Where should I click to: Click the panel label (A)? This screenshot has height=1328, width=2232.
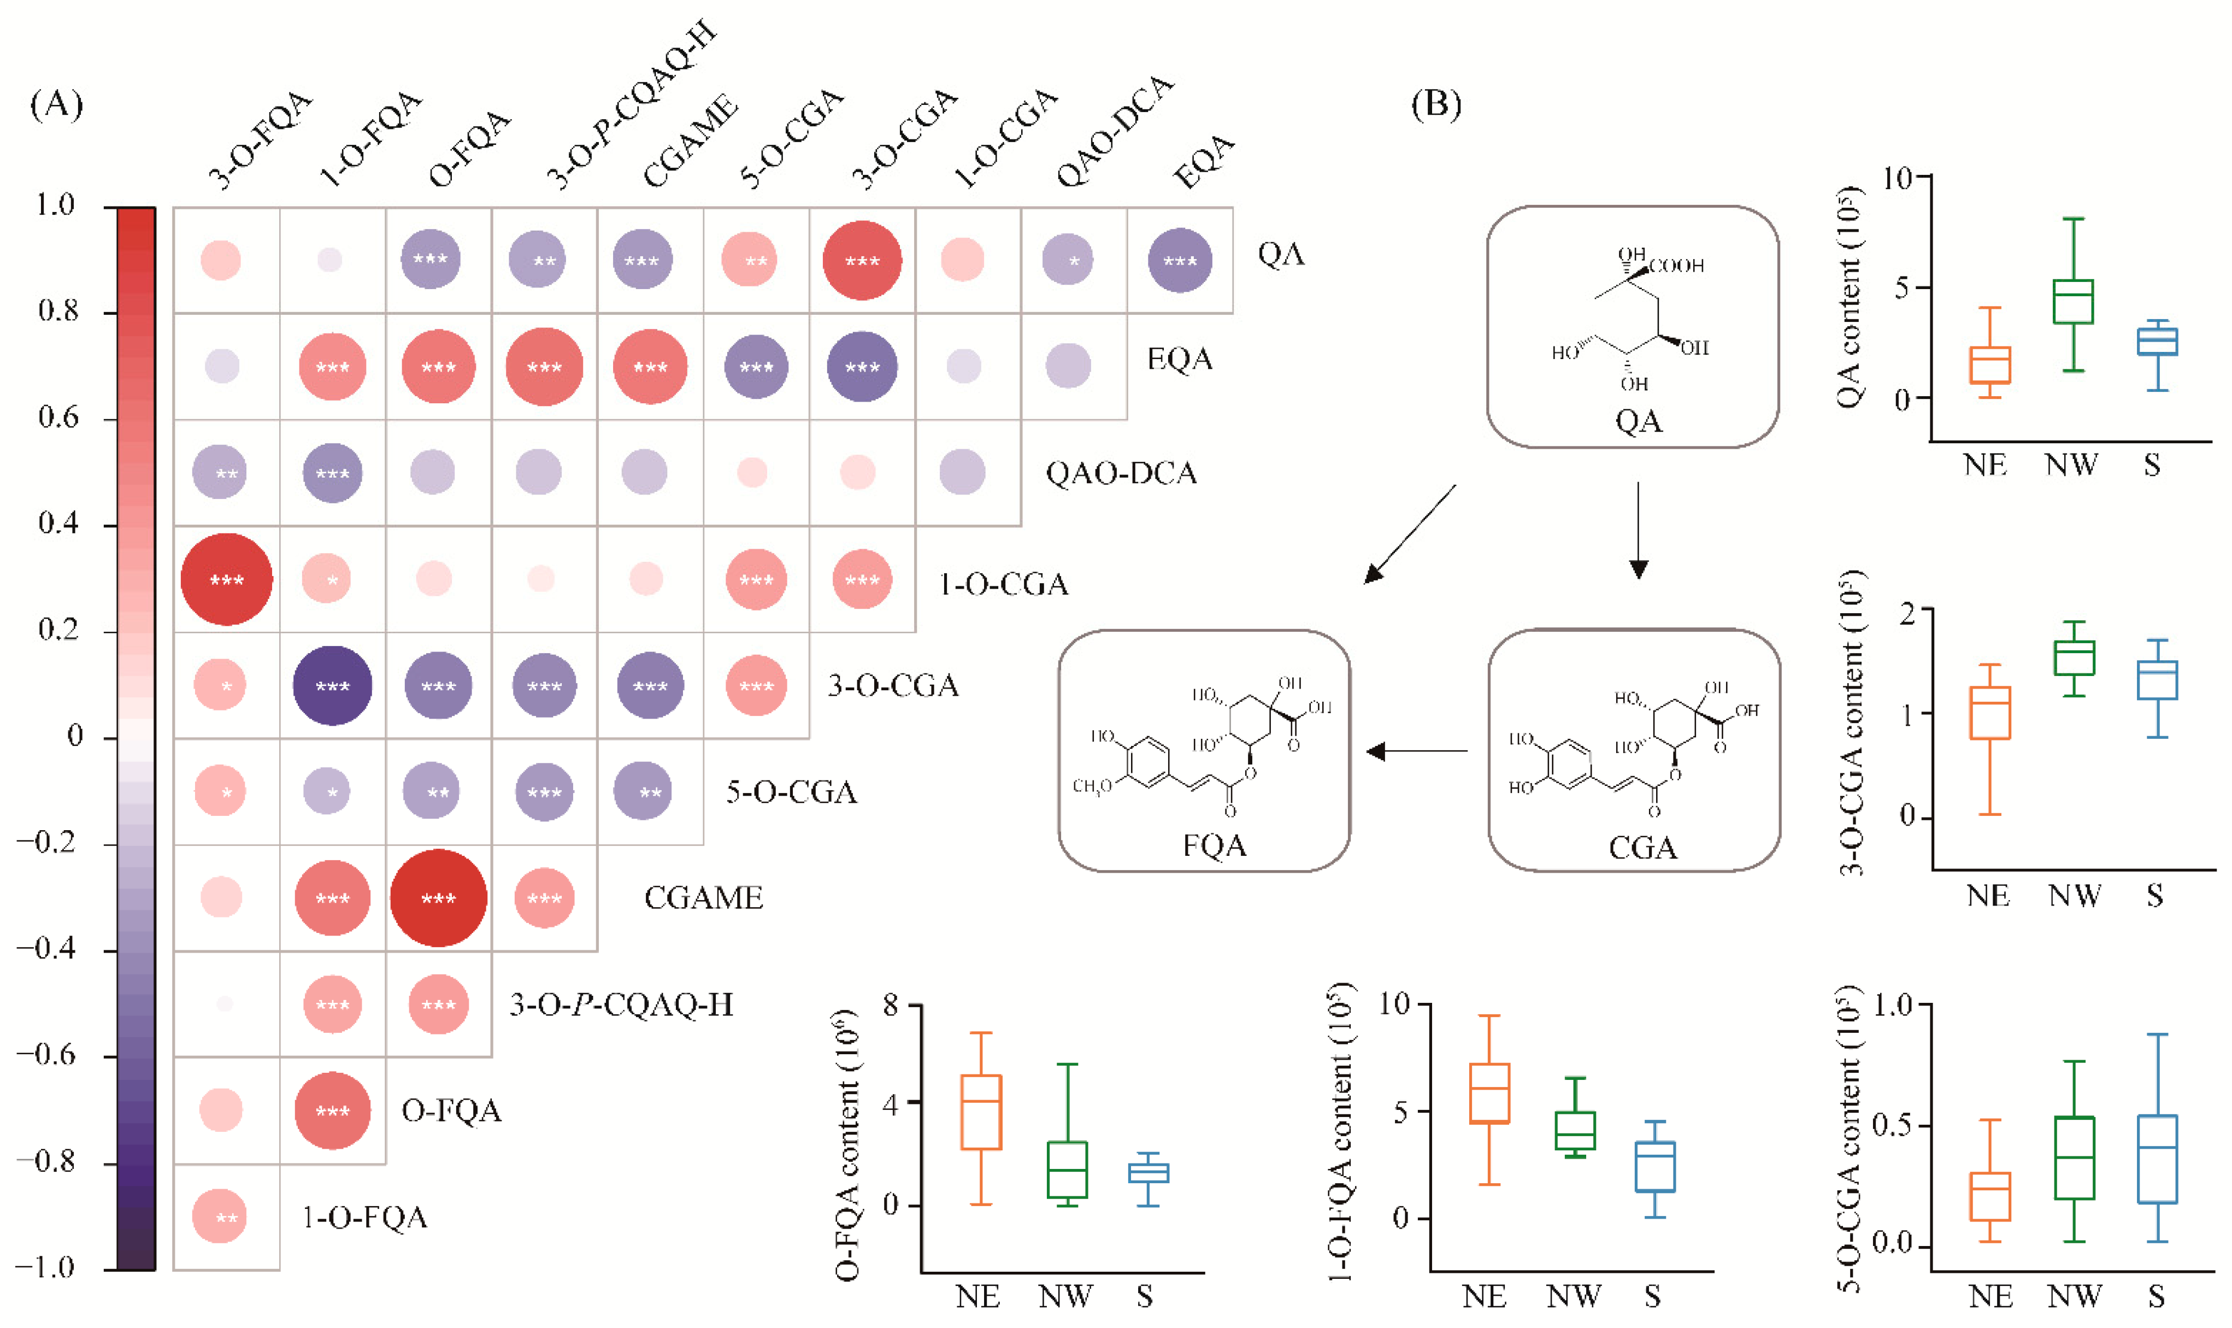56,105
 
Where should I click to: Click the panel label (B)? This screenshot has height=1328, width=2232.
1436,105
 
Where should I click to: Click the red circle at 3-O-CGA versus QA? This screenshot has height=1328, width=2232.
862,261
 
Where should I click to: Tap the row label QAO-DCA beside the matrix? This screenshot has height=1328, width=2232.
1121,473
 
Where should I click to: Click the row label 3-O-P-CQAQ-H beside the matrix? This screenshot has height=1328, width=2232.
621,1005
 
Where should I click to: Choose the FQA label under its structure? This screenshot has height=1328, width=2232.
1214,845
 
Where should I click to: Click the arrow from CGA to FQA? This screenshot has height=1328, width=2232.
1418,751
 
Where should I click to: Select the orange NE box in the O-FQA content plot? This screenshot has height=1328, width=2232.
980,1112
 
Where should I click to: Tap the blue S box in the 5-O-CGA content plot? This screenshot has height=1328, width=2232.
2157,1159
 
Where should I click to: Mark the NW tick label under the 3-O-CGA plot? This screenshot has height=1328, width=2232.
2074,896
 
